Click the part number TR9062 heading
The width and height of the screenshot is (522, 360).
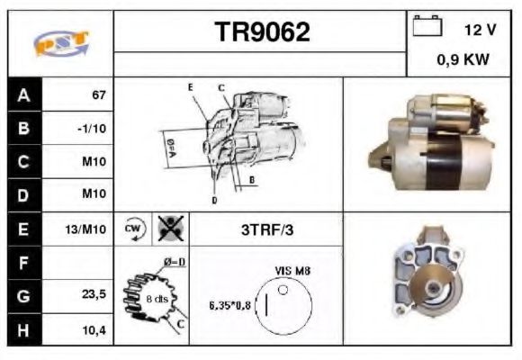coord(262,32)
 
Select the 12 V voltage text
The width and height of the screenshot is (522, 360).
coord(479,29)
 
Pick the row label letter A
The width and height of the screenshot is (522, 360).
coord(23,94)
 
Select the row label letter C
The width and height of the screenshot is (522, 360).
coord(23,163)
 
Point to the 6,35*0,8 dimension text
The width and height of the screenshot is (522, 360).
coord(229,304)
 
